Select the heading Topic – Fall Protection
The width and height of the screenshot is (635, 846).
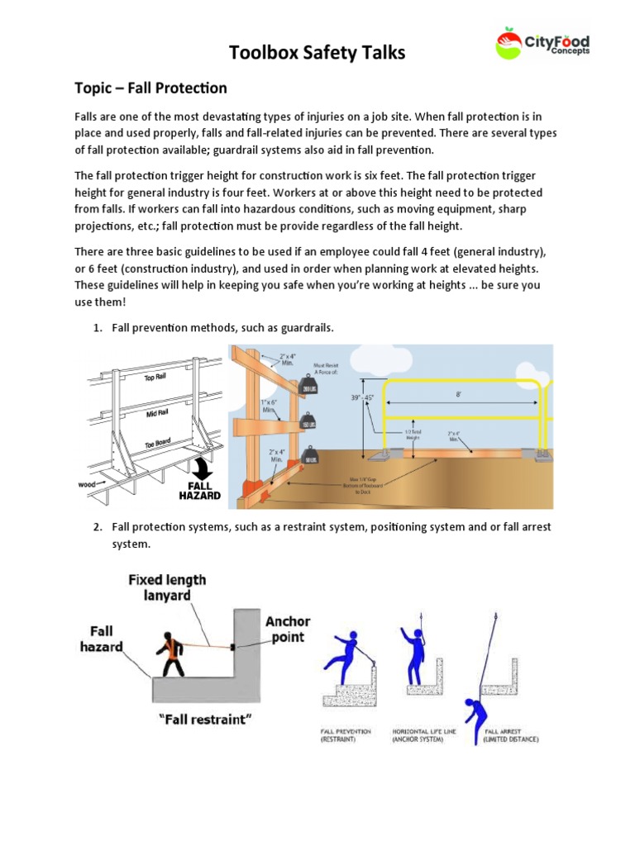coord(151,88)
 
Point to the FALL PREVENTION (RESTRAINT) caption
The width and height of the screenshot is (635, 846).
coord(346,735)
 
